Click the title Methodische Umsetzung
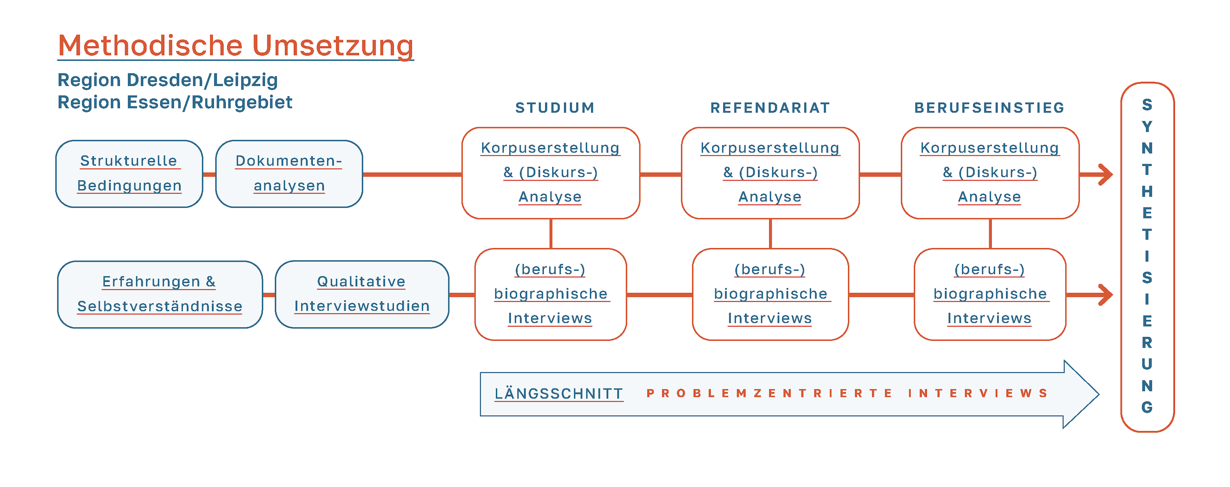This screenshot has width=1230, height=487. pos(236,46)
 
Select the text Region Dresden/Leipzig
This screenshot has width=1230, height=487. pos(168,80)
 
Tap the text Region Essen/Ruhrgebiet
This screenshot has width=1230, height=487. pos(175,102)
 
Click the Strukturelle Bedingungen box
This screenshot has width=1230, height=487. pos(129,173)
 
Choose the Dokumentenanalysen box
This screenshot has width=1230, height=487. pos(289,173)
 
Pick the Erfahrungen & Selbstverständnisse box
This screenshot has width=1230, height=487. pos(160,294)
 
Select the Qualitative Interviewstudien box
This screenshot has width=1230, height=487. pos(361,294)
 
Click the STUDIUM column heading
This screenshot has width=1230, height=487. pos(555,108)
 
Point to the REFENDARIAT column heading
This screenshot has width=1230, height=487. pos(770,108)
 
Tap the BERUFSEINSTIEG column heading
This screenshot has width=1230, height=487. pos(989,108)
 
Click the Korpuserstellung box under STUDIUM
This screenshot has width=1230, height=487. pos(550,173)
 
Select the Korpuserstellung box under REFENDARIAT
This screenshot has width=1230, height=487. pos(770,173)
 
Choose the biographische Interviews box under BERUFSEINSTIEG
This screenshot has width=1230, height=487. pos(990,294)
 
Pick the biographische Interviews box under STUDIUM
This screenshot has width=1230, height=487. pos(550,294)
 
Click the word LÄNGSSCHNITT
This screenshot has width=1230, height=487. pos(559,394)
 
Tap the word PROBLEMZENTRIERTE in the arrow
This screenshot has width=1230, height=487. pos(769,393)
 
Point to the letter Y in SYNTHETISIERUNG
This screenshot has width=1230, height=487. pos(1147,127)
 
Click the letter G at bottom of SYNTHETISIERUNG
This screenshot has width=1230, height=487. pos(1147,407)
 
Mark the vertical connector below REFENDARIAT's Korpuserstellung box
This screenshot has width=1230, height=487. pos(770,233)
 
